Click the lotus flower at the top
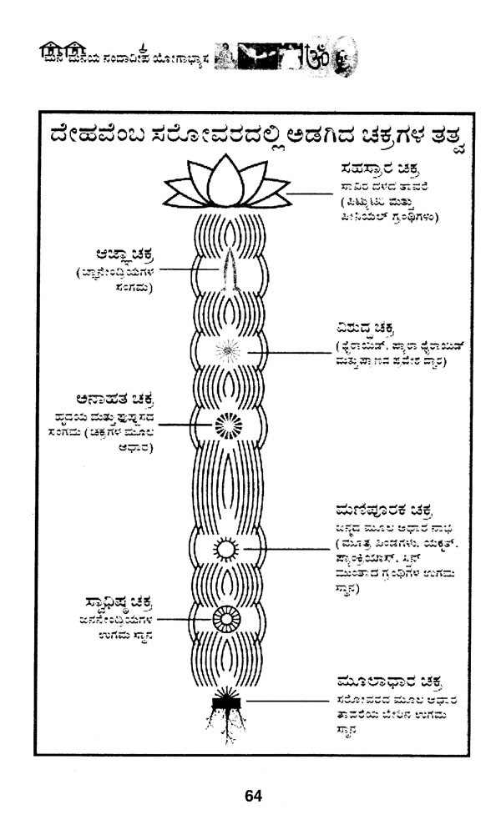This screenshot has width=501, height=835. [225, 184]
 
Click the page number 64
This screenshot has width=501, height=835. [253, 796]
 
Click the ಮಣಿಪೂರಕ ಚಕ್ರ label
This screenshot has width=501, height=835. [371, 509]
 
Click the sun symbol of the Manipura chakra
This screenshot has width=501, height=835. [225, 549]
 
